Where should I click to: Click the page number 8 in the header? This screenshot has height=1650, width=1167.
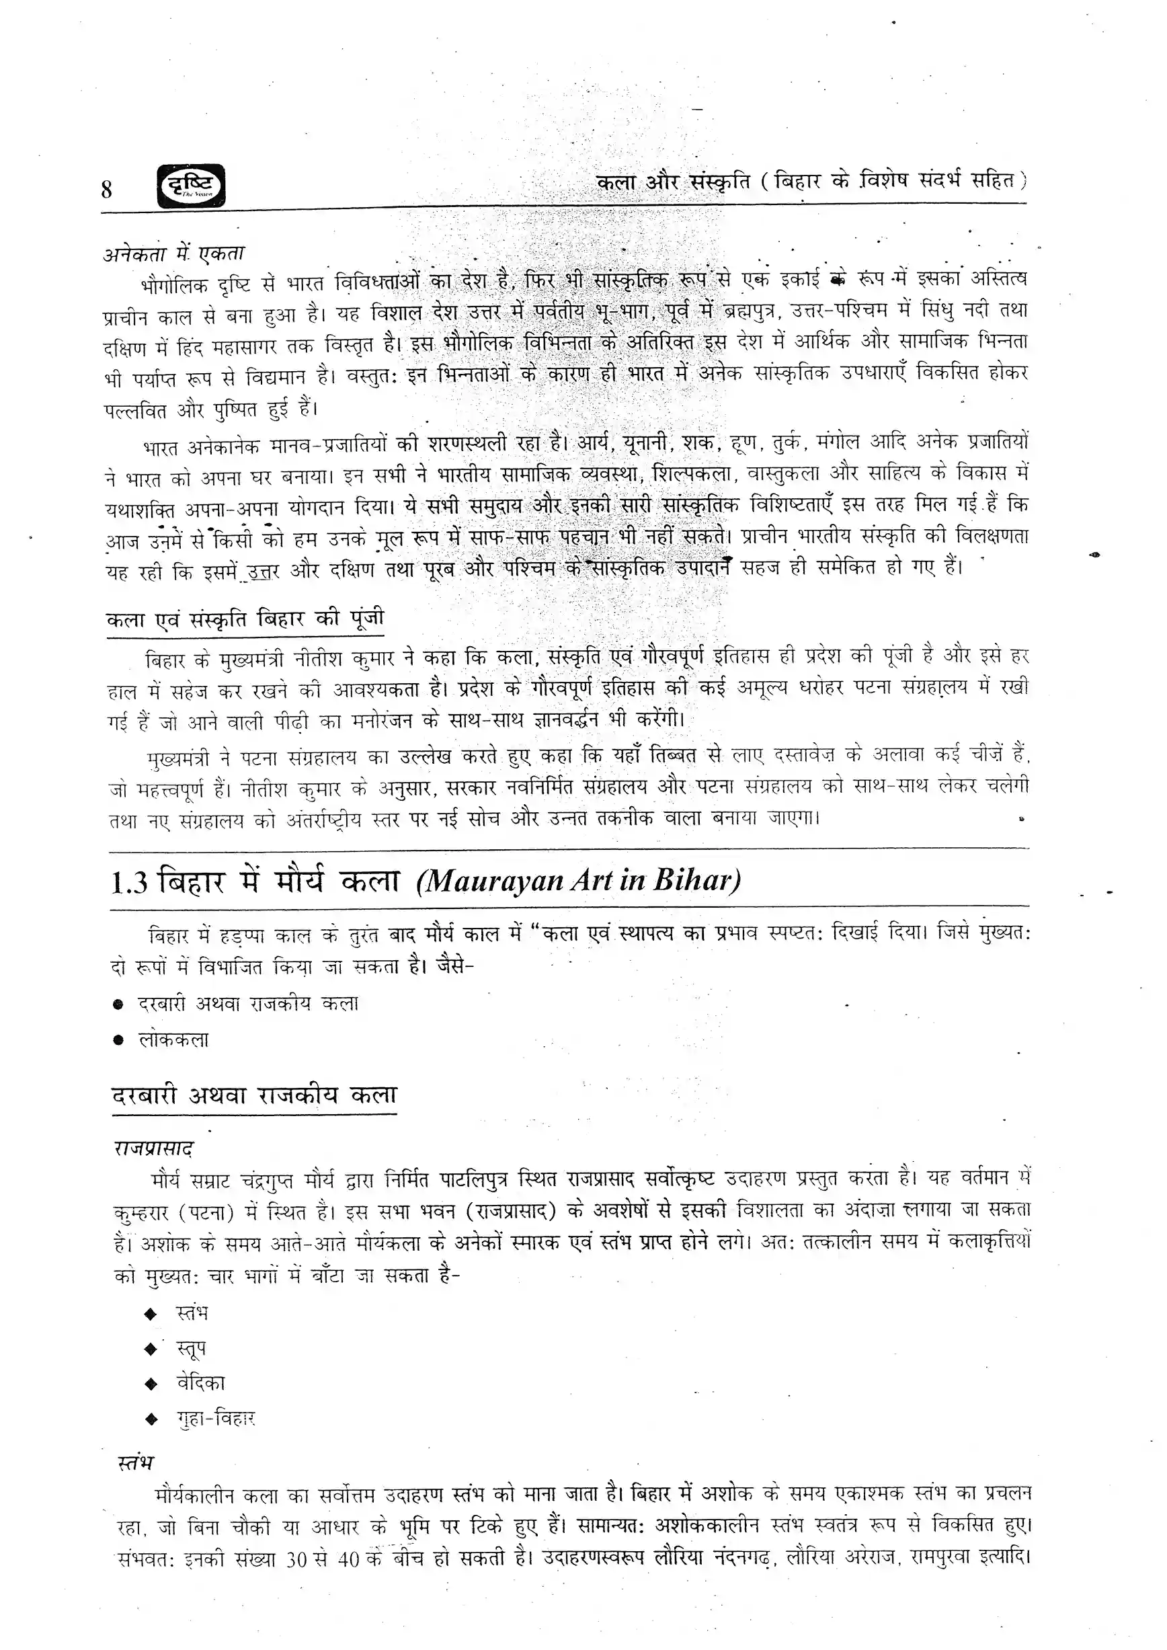pos(107,189)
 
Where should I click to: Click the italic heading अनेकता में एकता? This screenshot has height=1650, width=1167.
pos(174,253)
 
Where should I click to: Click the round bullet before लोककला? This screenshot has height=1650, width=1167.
pos(119,1041)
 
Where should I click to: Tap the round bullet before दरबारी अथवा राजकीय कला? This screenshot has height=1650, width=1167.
pos(119,1005)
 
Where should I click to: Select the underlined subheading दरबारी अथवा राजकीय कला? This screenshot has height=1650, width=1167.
pos(254,1096)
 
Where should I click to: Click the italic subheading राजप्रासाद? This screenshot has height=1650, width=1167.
pos(154,1149)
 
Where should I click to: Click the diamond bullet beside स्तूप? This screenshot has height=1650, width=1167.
pos(150,1349)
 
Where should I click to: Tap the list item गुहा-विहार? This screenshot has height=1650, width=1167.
pos(216,1419)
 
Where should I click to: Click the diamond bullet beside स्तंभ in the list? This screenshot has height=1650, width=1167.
pos(150,1314)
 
